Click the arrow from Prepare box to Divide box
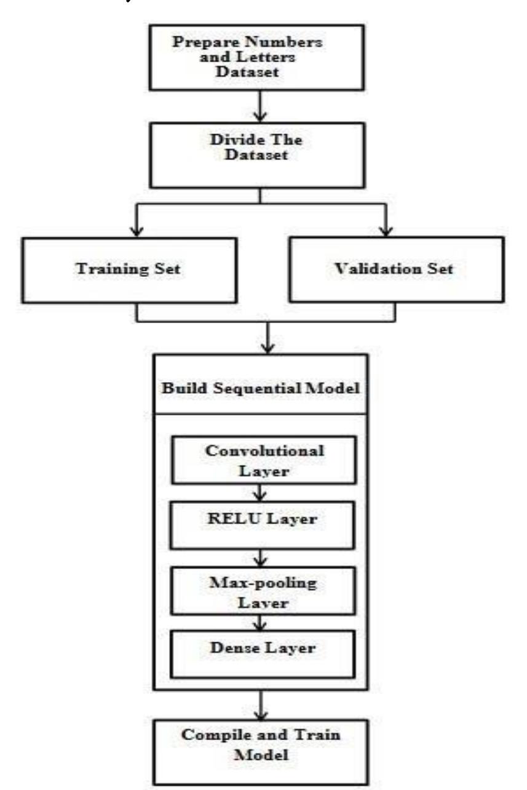pyautogui.click(x=263, y=102)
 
